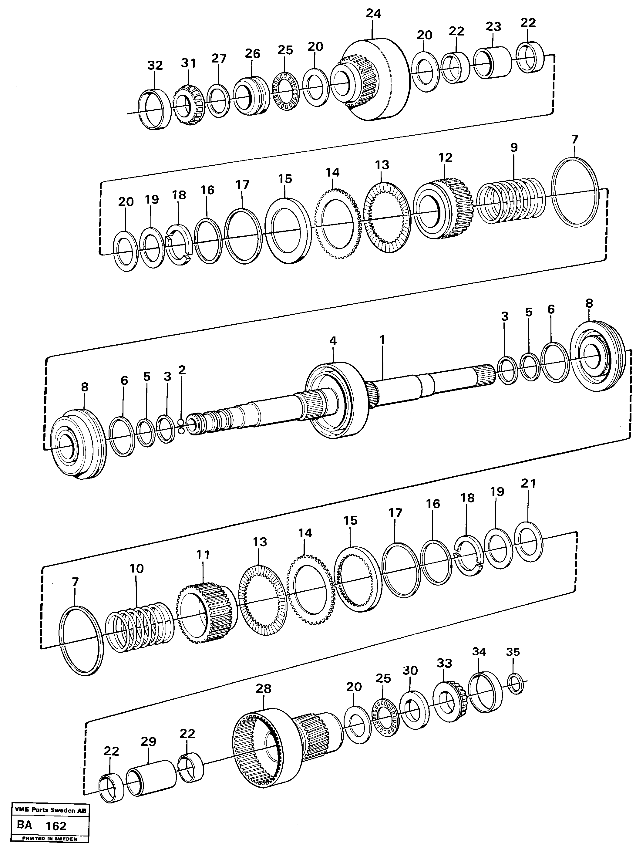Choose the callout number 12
[x=445, y=157]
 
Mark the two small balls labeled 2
[x=180, y=426]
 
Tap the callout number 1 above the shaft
[x=382, y=340]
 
